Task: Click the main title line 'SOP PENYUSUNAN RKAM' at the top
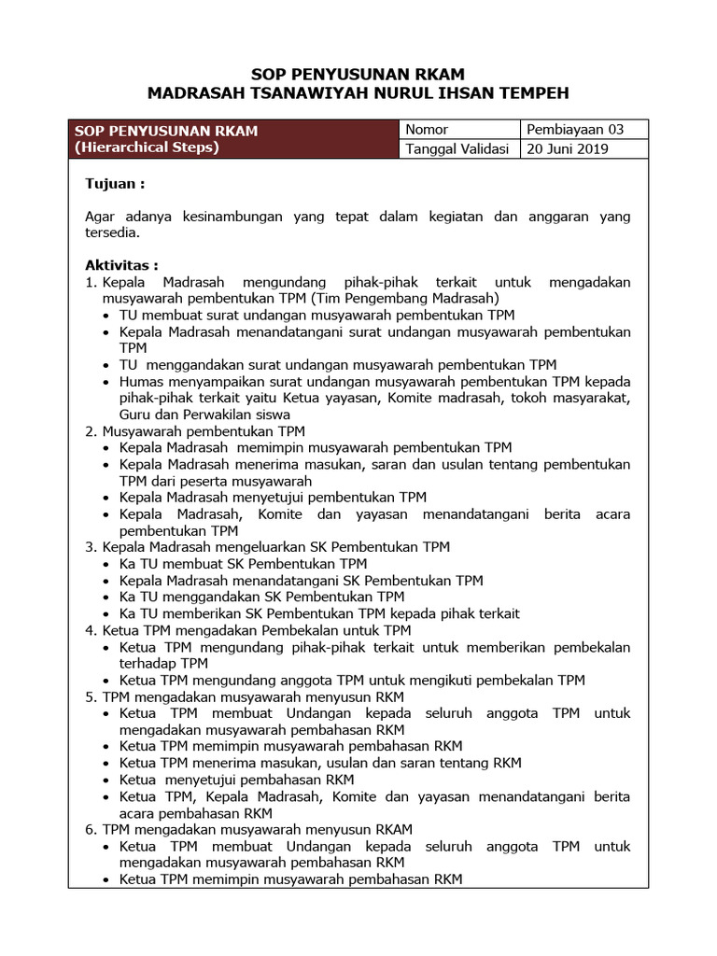[358, 73]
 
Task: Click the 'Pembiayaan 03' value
[575, 130]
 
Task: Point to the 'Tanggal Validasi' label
[457, 149]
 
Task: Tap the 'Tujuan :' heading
[115, 184]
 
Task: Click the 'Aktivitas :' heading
[121, 265]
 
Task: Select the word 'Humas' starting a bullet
[139, 382]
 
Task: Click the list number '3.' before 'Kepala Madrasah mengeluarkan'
[91, 547]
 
